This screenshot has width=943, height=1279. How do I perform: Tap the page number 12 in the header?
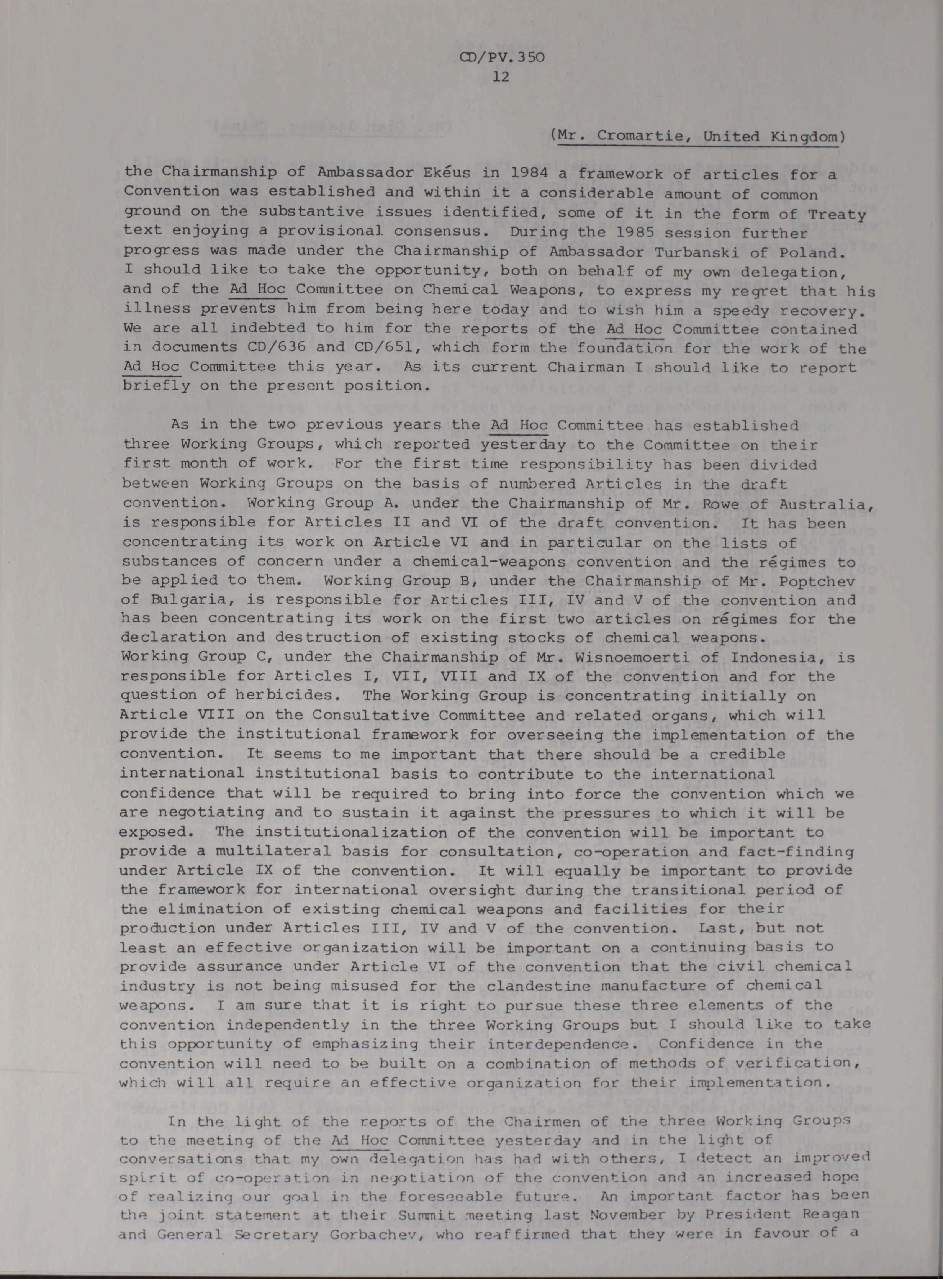(x=501, y=77)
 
